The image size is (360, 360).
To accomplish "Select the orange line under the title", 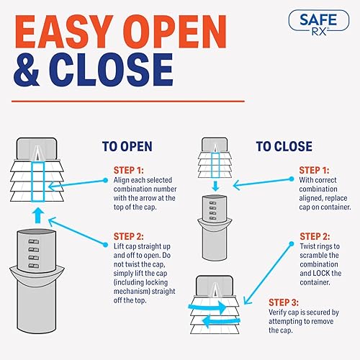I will pos(130,101).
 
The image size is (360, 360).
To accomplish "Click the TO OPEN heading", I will pos(127,146).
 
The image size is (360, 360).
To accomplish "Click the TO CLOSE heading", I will pos(284,146).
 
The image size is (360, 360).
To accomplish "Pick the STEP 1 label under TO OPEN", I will pos(128,170).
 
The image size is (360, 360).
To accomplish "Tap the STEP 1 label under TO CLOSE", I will pos(315,170).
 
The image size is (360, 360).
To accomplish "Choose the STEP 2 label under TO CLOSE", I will pos(315,236).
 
